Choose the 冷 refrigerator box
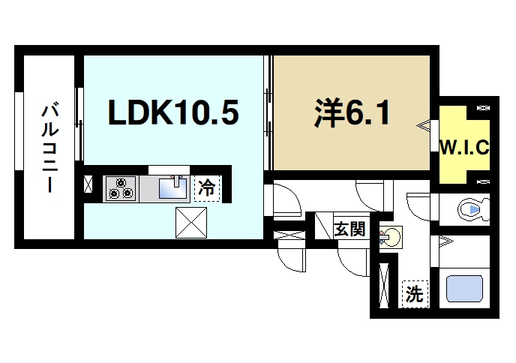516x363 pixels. pyautogui.click(x=206, y=187)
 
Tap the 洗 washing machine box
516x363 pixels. pyautogui.click(x=413, y=294)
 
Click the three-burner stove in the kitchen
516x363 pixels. pyautogui.click(x=121, y=187)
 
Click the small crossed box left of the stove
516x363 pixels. pyautogui.click(x=88, y=185)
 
